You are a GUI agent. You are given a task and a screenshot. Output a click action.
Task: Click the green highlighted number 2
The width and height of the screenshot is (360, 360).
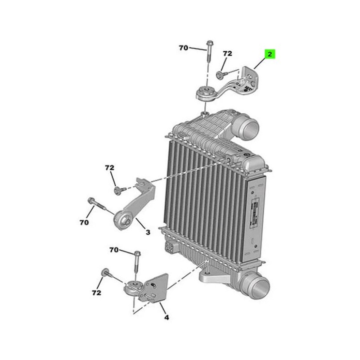[270, 54]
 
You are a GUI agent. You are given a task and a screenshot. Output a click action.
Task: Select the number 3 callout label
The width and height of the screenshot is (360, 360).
[147, 232]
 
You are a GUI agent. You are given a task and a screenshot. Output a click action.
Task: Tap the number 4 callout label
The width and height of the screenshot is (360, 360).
[166, 317]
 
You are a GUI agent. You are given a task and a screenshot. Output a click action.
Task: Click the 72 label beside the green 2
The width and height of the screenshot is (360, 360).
[227, 54]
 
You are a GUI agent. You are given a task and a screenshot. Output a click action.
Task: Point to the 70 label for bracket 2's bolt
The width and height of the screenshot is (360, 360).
[184, 48]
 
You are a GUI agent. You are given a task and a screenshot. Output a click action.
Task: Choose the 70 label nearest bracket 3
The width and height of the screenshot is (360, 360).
[85, 222]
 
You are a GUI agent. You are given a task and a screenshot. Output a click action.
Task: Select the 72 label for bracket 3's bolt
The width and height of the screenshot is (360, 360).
[110, 168]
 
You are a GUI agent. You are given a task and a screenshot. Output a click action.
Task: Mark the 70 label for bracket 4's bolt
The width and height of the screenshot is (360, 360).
[114, 249]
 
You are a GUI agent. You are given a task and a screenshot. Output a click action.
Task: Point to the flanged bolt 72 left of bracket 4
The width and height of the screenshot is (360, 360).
[105, 272]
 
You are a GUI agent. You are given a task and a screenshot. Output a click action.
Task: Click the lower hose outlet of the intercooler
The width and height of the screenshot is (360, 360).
[256, 285]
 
